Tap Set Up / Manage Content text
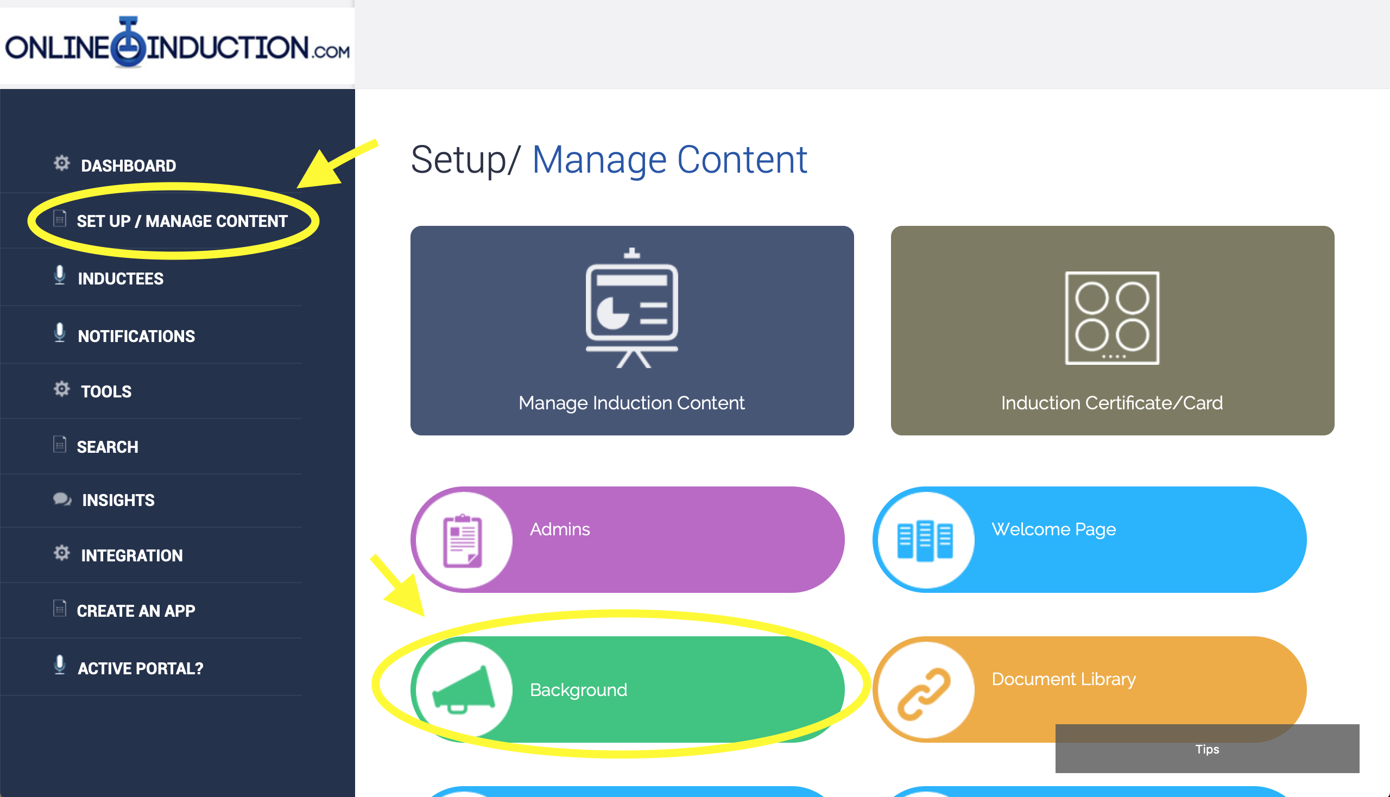182,221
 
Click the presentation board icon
632,308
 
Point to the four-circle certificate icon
1112,318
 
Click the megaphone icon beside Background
464,690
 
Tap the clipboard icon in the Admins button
463,541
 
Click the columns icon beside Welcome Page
925,541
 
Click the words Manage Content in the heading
669,160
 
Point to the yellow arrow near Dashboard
337,163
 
